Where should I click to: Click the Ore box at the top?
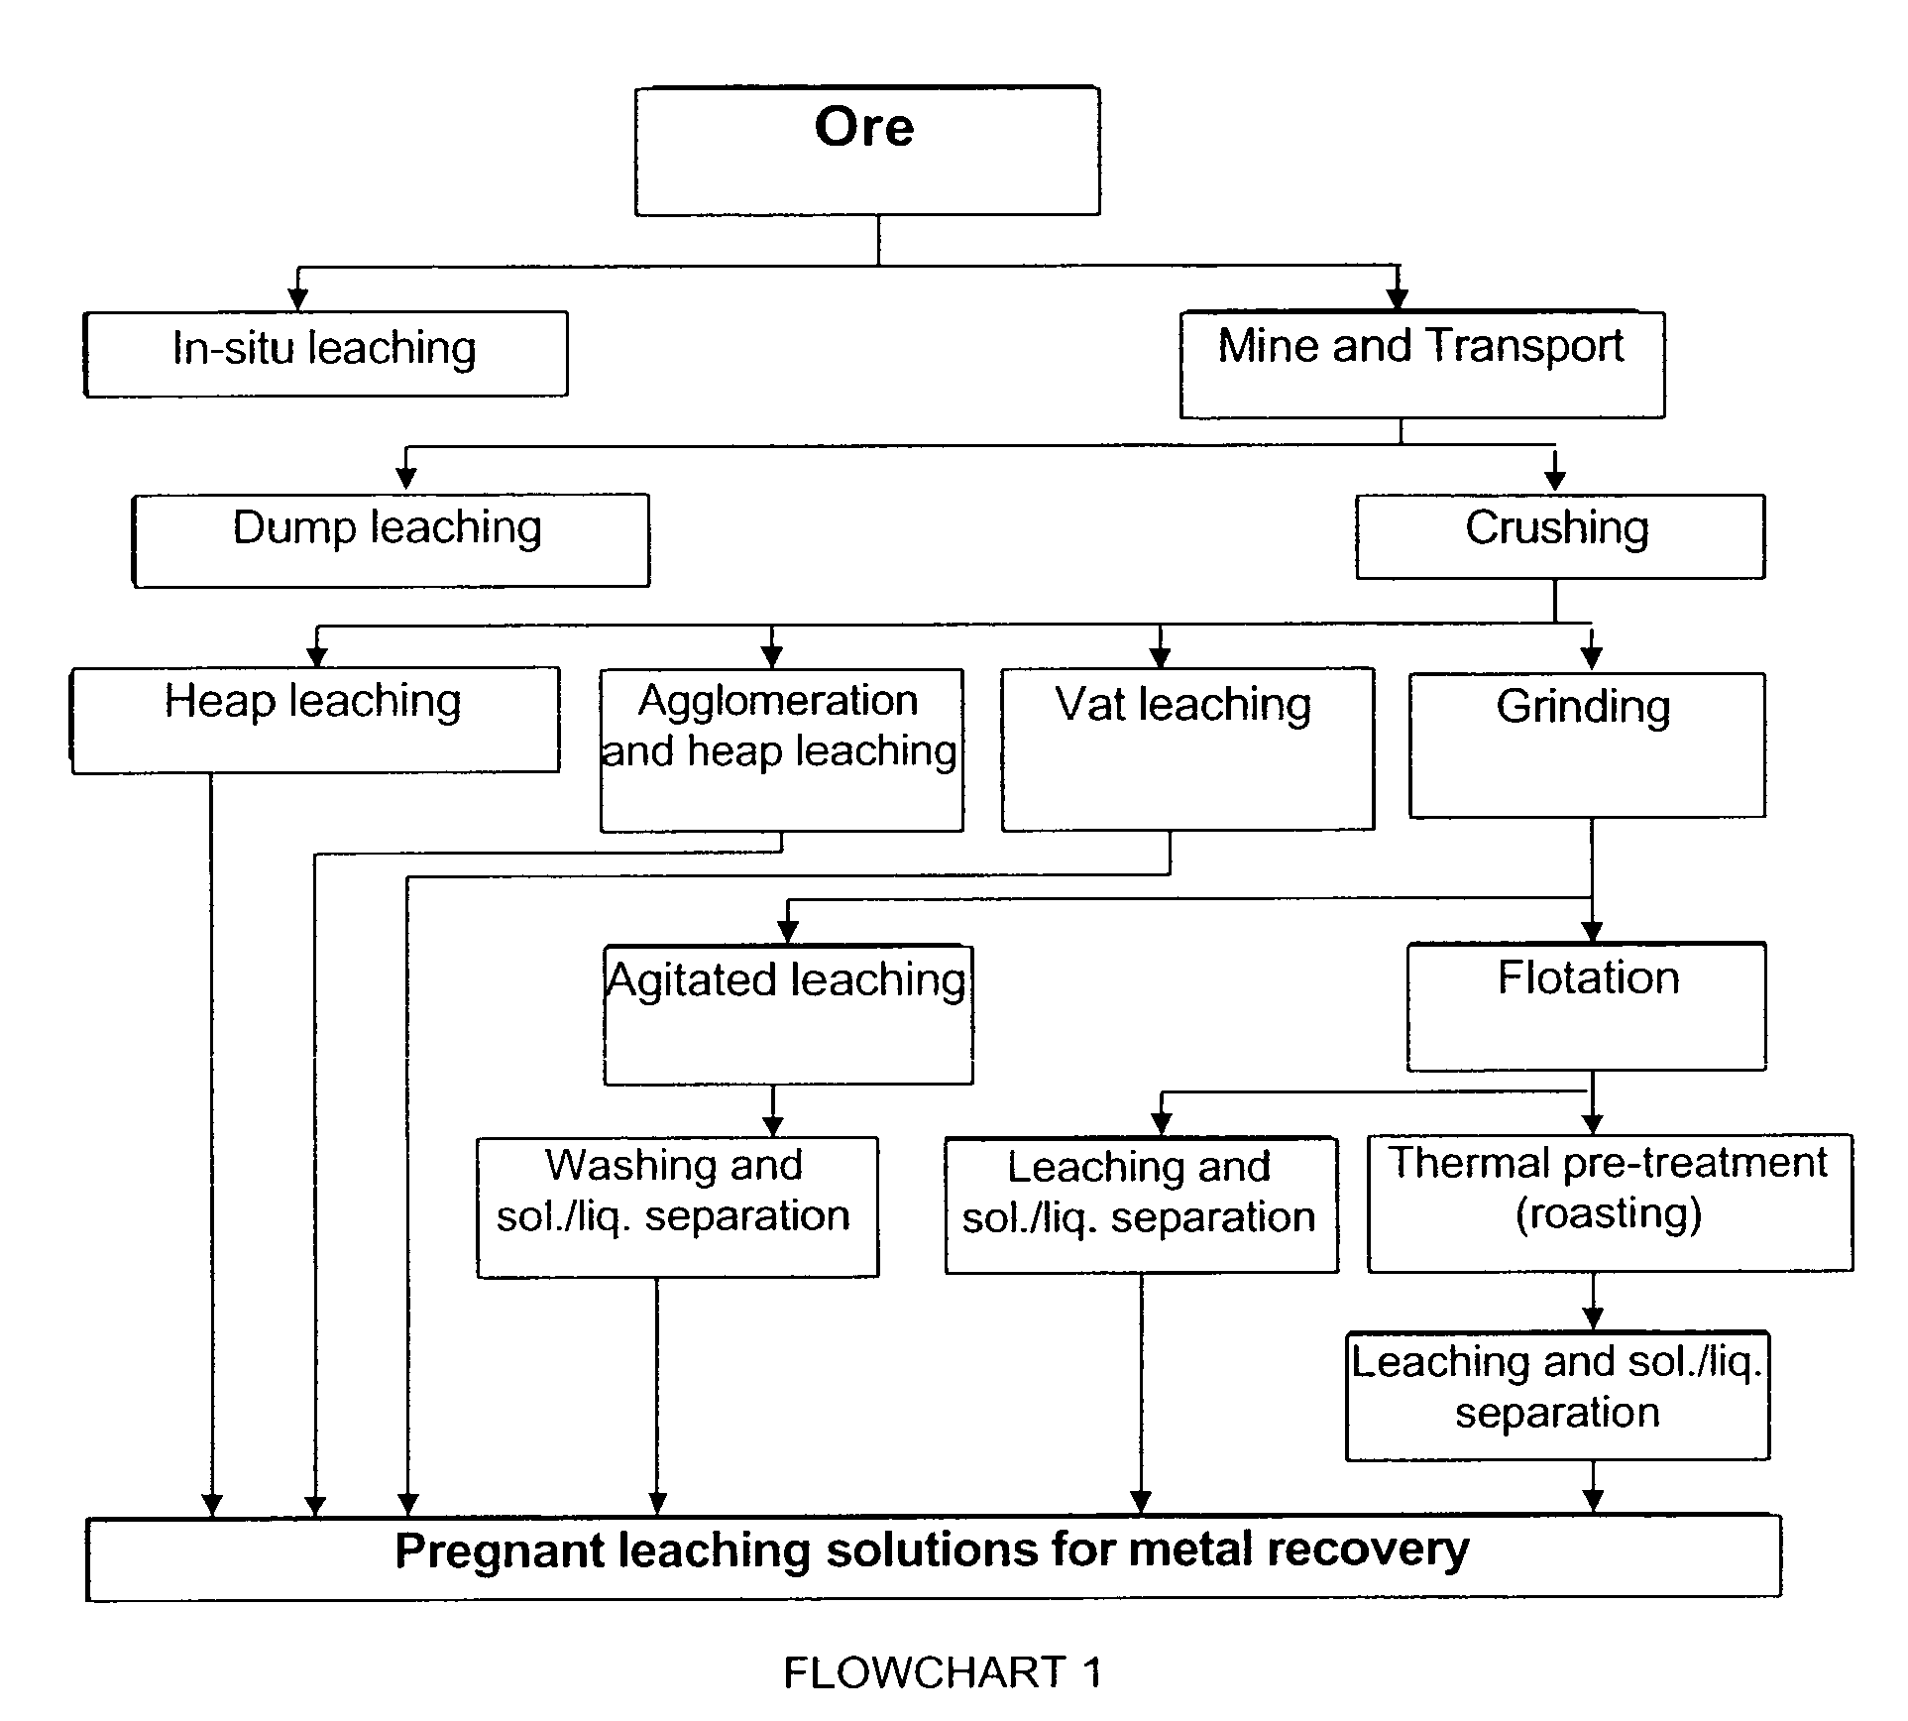[x=866, y=151]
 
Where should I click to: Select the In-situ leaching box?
[x=325, y=354]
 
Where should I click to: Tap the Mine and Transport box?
[x=1421, y=364]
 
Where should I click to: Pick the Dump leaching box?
[x=391, y=539]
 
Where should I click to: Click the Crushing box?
[x=1559, y=535]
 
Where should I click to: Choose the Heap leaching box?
[x=315, y=719]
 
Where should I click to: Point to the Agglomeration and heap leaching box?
[x=781, y=749]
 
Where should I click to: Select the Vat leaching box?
[x=1186, y=748]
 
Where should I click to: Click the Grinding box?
[x=1586, y=745]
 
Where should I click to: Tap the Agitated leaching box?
[x=788, y=1014]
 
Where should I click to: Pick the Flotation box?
[x=1586, y=1006]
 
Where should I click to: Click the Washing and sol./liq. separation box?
[x=677, y=1205]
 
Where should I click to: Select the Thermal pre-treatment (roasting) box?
[x=1609, y=1202]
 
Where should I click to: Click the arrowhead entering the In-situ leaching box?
[x=297, y=299]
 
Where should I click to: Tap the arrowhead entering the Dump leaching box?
[x=406, y=481]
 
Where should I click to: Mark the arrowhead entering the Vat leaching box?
[x=1161, y=656]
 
